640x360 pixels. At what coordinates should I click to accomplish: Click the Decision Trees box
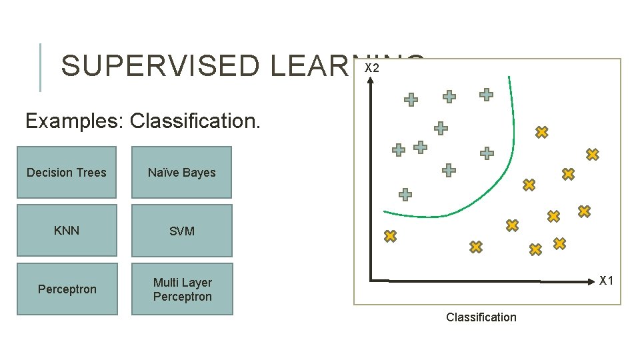pyautogui.click(x=67, y=173)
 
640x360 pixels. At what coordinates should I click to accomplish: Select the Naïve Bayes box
pyautogui.click(x=181, y=173)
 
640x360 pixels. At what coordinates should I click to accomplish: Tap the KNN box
pyautogui.click(x=67, y=231)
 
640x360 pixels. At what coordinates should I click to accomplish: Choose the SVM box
pyautogui.click(x=181, y=231)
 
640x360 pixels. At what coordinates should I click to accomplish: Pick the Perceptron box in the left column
pyautogui.click(x=67, y=289)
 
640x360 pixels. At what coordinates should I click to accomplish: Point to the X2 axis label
pyautogui.click(x=372, y=69)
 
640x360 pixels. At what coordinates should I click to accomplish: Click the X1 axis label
pyautogui.click(x=606, y=281)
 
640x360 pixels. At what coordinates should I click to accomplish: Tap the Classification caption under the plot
pyautogui.click(x=481, y=317)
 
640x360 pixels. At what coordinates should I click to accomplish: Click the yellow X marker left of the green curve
pyautogui.click(x=390, y=236)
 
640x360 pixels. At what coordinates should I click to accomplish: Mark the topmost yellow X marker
pyautogui.click(x=541, y=132)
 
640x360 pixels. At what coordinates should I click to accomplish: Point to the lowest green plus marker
pyautogui.click(x=405, y=195)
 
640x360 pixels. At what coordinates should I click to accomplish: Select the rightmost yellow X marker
pyautogui.click(x=592, y=154)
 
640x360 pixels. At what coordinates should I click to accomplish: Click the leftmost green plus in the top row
pyautogui.click(x=411, y=100)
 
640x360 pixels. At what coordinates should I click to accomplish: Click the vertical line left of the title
pyautogui.click(x=41, y=67)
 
